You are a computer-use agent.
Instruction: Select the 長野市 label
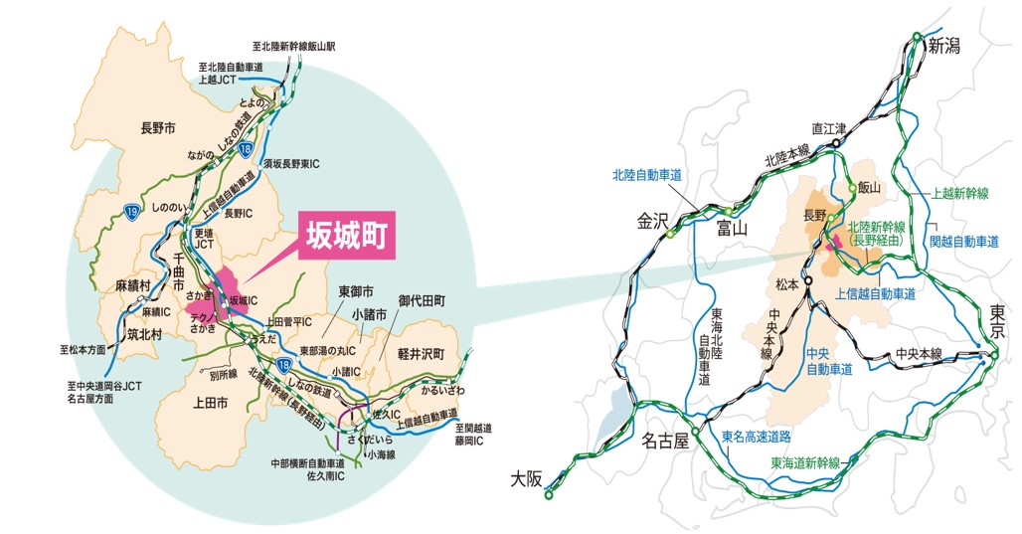[158, 128]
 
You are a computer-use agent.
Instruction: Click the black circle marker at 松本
[809, 281]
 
